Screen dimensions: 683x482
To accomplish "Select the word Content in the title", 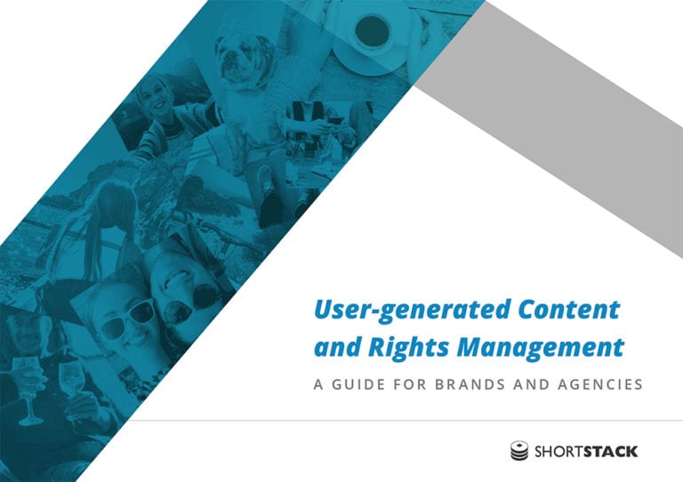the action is point(569,309).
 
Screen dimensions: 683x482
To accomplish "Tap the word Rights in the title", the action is point(408,348).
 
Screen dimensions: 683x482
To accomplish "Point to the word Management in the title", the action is point(540,348).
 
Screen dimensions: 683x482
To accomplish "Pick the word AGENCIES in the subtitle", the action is point(600,384).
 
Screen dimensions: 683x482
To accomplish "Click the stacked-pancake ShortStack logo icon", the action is point(519,451).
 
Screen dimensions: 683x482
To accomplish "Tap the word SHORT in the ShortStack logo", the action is point(558,452).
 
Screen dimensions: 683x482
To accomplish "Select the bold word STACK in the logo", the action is point(611,452).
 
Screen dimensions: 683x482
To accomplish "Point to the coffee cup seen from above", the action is point(372,33).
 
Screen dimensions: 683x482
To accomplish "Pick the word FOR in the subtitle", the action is point(410,384).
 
